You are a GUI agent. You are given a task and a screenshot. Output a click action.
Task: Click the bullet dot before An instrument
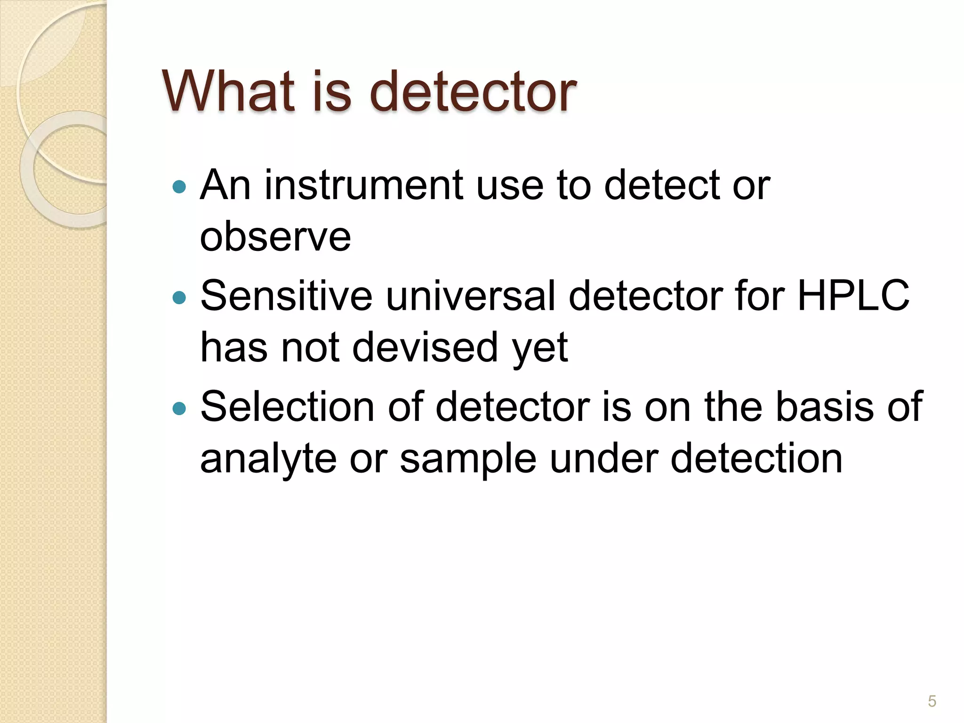point(179,187)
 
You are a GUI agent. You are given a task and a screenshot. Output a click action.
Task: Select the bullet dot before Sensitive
point(179,297)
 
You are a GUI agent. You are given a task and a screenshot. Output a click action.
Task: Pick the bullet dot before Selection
point(179,408)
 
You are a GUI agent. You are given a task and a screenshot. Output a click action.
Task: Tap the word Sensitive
point(286,296)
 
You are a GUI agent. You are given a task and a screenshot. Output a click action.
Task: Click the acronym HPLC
point(853,296)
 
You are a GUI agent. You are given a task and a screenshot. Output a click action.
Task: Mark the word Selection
point(287,407)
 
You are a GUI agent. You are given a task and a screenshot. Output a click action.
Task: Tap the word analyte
point(268,459)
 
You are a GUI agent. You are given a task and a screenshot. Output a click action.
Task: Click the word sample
point(468,459)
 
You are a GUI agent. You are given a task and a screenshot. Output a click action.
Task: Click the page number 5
point(932,701)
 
